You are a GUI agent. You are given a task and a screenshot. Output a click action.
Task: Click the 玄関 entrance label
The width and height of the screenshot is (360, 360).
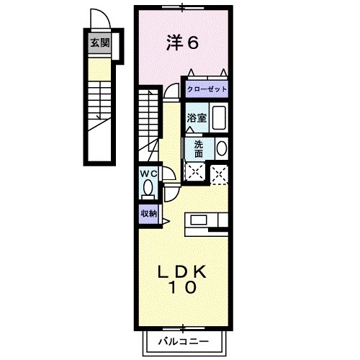point(99,43)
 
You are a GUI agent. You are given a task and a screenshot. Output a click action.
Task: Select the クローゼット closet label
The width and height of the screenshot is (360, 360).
point(207,89)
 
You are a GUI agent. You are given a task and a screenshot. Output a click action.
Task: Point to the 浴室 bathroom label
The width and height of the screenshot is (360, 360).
point(197,118)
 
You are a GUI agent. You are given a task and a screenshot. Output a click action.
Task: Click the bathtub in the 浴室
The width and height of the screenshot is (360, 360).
point(220,117)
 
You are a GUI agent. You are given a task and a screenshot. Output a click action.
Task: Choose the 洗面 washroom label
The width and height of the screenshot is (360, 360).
point(198,148)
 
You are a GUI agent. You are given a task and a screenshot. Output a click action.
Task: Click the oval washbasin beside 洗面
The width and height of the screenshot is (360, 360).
point(220,148)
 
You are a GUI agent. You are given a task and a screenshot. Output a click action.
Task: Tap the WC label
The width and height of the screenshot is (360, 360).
point(148,174)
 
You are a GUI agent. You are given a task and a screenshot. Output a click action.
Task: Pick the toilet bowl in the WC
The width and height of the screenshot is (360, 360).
point(148,189)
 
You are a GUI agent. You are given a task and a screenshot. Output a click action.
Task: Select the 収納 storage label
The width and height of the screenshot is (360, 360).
point(148,214)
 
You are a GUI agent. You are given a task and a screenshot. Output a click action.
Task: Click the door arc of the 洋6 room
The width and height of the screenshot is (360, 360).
point(172,90)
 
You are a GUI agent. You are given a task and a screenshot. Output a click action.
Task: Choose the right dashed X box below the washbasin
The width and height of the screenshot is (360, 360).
point(220,171)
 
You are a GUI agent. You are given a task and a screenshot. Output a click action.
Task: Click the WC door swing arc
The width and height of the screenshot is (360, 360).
point(168,175)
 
